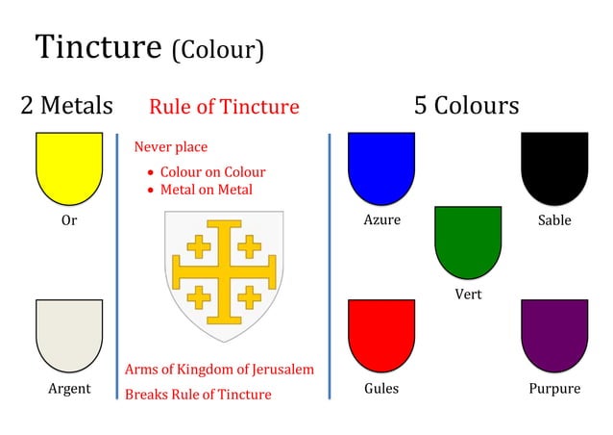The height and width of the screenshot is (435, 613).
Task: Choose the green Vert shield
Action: pos(468,239)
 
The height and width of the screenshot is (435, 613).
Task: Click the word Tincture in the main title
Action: pos(99,47)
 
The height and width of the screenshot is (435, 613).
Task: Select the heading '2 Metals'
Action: pos(67,105)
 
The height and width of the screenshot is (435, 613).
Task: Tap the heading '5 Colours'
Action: pos(466,105)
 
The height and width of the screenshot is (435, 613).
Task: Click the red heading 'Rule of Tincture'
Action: pos(224,107)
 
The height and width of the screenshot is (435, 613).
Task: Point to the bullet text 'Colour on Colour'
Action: pos(212,172)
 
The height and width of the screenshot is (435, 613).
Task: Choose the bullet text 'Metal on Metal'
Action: pos(206,190)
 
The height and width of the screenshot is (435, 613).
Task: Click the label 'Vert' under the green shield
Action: pos(468,294)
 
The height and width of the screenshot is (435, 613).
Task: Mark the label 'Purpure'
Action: pos(554,389)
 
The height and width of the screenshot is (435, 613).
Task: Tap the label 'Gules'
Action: pos(381,389)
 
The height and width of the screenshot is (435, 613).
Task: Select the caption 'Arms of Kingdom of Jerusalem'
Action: pos(219,370)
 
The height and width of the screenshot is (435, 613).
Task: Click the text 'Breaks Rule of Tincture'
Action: pos(198,394)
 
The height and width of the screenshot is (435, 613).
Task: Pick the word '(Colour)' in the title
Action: pos(217,50)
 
